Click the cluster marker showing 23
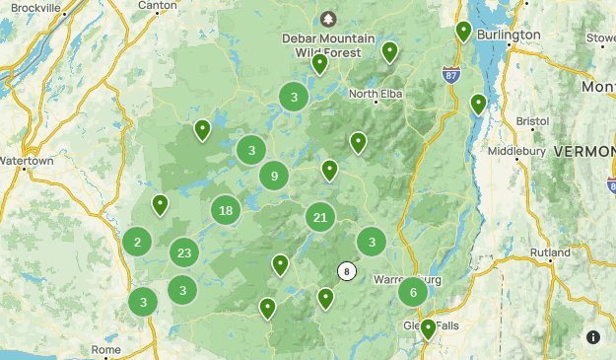(x=184, y=252)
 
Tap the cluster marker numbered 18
(x=227, y=210)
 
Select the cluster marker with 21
(x=320, y=217)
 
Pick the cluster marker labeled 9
(x=274, y=177)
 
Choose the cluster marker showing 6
(x=413, y=292)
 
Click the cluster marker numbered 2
(x=137, y=243)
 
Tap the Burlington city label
(x=509, y=35)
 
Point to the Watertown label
(x=27, y=160)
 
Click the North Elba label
(x=376, y=95)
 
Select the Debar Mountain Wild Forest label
(x=328, y=45)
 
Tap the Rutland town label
(x=550, y=252)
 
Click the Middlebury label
(x=516, y=152)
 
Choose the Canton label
(x=158, y=6)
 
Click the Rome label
(x=105, y=349)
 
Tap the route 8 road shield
(x=346, y=270)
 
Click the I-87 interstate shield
(x=452, y=74)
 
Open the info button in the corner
(x=593, y=337)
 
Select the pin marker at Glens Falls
(x=429, y=328)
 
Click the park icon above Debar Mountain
(x=328, y=20)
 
